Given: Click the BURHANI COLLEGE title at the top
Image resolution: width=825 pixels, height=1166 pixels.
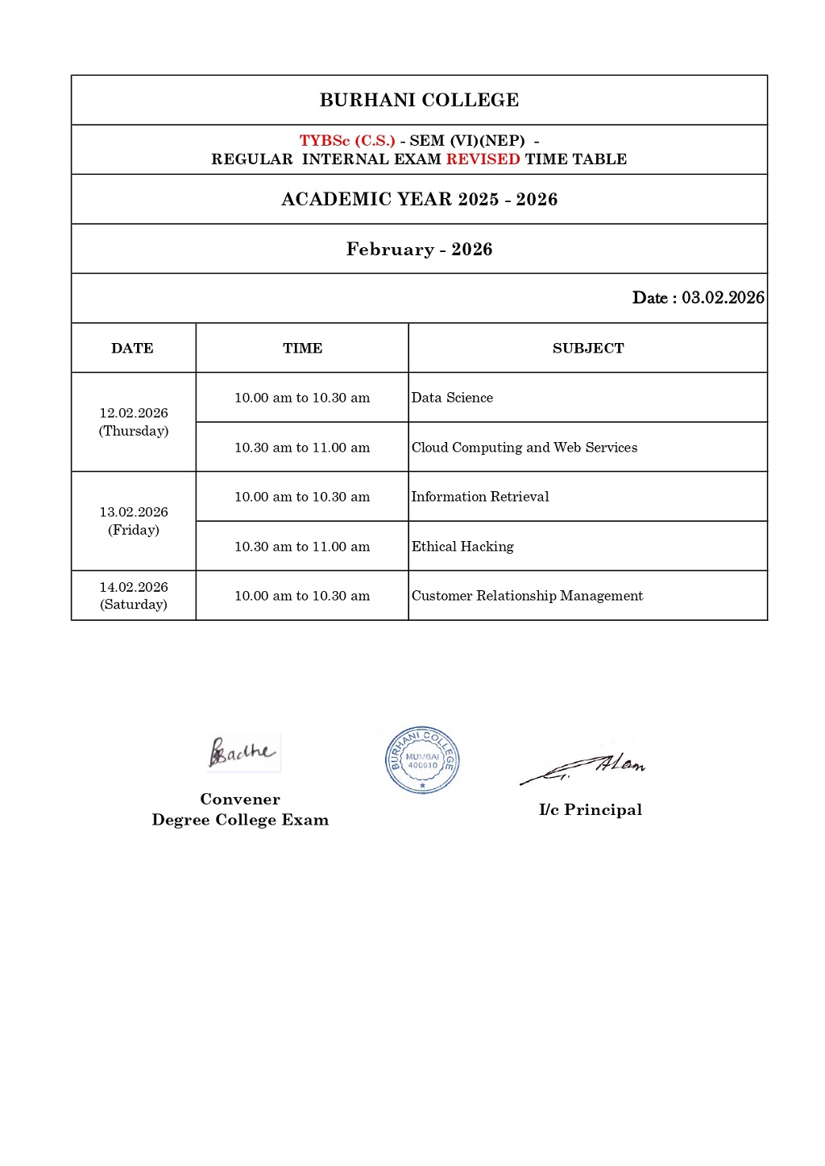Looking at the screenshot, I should (x=419, y=100).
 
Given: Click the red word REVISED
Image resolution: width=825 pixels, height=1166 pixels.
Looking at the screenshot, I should (x=483, y=159).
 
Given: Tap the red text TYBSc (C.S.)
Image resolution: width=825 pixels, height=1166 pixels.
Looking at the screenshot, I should (x=347, y=141).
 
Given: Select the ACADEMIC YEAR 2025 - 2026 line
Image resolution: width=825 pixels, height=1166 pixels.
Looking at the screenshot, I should (x=419, y=200).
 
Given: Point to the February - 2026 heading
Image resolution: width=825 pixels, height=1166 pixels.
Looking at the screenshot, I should (x=419, y=250).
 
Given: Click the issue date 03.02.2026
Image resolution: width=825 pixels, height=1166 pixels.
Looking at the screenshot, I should (x=723, y=298).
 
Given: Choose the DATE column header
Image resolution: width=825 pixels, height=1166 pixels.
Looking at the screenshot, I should (x=132, y=349).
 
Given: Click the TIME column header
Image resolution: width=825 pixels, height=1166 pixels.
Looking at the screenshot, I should (x=302, y=349).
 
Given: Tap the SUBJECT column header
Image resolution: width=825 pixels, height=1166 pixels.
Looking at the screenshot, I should (x=588, y=349).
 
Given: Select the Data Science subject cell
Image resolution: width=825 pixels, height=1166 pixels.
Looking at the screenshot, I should (x=452, y=398).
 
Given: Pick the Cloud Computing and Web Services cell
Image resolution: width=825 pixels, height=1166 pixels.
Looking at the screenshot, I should (x=524, y=448).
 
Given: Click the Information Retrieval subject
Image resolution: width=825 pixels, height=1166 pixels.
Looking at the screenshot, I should (x=480, y=497).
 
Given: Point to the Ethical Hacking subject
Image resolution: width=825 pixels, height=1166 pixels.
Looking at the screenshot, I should (x=462, y=547).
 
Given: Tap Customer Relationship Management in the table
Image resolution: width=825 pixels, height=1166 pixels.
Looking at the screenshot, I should (x=527, y=596).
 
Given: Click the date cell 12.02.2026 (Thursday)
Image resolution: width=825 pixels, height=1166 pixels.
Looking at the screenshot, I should (x=134, y=422).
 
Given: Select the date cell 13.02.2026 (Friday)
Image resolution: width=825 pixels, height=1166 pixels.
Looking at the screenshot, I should (x=134, y=521).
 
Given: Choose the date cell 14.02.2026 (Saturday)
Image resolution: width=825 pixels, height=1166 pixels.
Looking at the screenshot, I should (x=134, y=596).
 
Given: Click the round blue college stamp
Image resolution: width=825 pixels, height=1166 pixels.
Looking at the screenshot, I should (x=422, y=760).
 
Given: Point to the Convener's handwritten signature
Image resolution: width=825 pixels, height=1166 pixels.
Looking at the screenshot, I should (x=243, y=753).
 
